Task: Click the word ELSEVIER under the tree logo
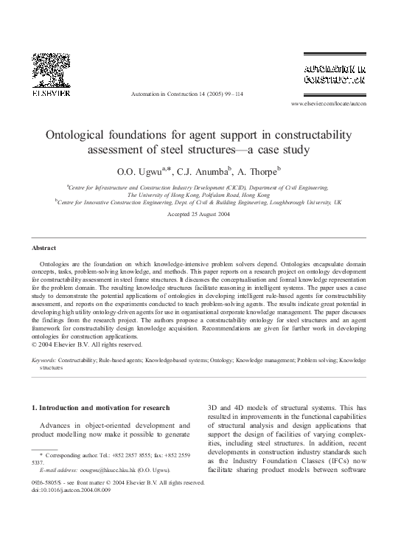50,94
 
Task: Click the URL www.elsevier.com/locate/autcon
349,104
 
